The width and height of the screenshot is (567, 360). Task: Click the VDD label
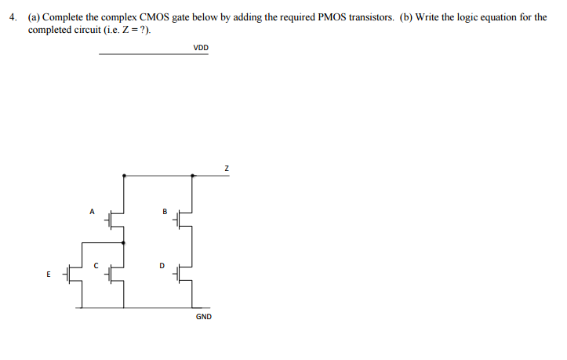(x=202, y=48)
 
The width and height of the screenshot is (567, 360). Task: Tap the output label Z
(x=227, y=167)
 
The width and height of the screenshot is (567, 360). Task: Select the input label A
(x=91, y=210)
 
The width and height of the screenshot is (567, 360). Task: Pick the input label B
(x=165, y=210)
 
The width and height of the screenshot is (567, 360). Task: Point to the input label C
(x=96, y=265)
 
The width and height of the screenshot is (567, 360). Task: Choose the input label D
(x=162, y=265)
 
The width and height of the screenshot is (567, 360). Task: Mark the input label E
(x=49, y=275)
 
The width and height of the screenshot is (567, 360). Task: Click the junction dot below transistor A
(x=124, y=243)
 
